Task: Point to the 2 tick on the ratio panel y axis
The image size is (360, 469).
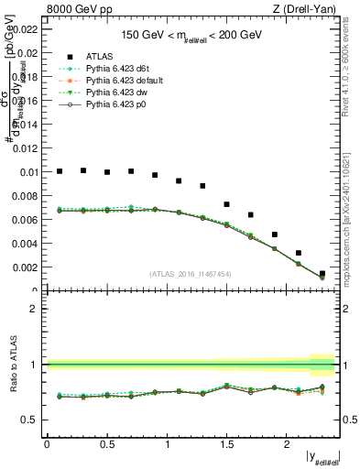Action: (33, 309)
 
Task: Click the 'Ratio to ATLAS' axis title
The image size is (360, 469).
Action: (12, 364)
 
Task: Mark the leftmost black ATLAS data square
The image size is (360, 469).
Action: (60, 171)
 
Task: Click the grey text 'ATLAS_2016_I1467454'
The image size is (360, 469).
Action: (190, 273)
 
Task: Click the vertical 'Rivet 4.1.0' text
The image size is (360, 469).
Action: (352, 73)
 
